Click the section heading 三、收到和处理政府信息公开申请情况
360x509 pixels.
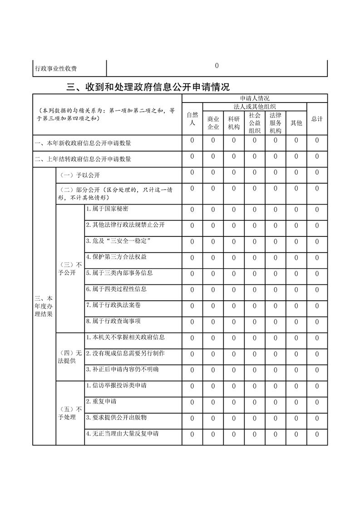[148, 87]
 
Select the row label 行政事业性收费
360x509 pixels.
[56, 69]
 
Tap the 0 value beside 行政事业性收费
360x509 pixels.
[217, 66]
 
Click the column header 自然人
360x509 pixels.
[192, 119]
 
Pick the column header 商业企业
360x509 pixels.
[213, 123]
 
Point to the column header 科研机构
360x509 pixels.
[234, 123]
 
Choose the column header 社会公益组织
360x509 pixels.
[254, 123]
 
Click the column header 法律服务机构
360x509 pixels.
[275, 123]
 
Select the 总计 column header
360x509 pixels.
[317, 119]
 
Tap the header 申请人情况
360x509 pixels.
[255, 98]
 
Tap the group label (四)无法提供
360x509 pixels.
[70, 357]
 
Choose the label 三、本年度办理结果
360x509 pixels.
[44, 306]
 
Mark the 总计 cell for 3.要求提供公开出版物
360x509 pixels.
[317, 418]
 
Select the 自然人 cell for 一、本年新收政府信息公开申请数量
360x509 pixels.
[192, 141]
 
